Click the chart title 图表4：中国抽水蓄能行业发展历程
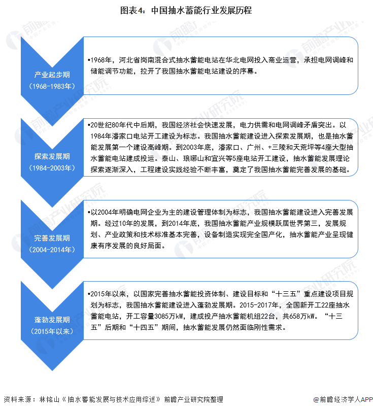(x=186, y=10)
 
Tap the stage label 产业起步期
(x=52, y=75)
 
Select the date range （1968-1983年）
(x=52, y=86)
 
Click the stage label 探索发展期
(x=52, y=156)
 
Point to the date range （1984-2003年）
(x=52, y=168)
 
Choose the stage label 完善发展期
(x=52, y=238)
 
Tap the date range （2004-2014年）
(x=52, y=250)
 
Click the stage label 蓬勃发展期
(x=52, y=320)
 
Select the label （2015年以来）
(x=52, y=331)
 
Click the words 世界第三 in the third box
(x=303, y=223)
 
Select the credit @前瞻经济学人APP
(x=343, y=399)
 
